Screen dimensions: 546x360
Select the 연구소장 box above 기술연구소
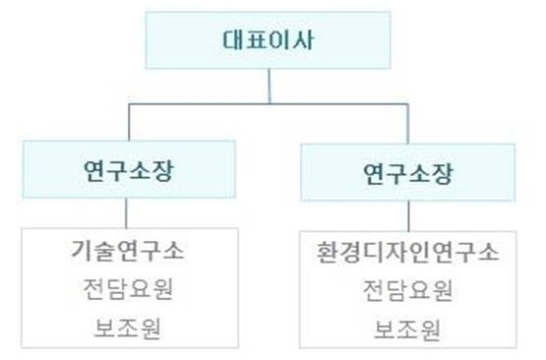click(130, 170)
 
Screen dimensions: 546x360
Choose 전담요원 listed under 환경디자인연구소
click(406, 291)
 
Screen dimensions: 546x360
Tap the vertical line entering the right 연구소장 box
click(406, 123)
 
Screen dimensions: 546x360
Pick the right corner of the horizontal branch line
click(406, 102)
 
